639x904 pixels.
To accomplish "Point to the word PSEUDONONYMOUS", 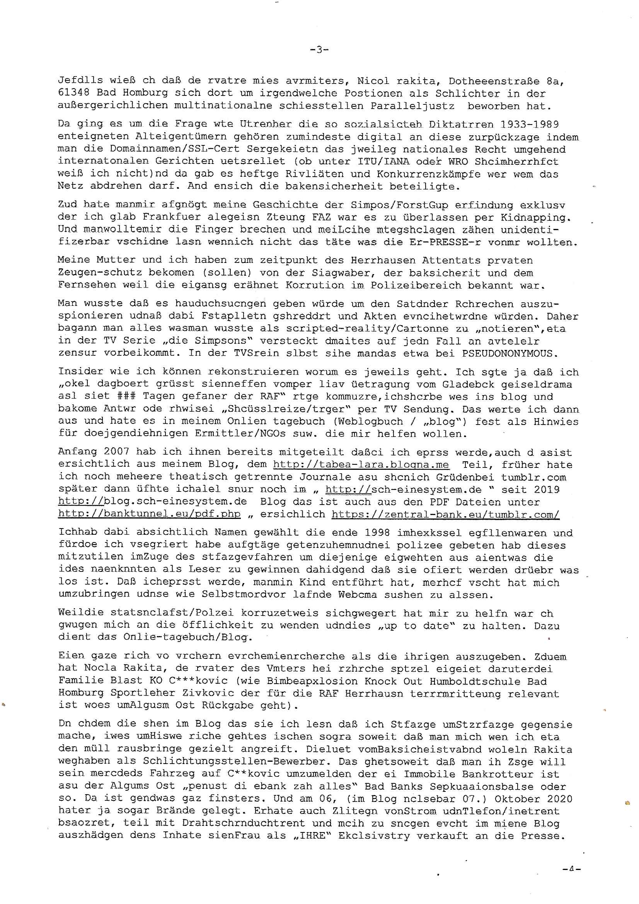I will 510,353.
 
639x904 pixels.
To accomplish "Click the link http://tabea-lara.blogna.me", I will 361,465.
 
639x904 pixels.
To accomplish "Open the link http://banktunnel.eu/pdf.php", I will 149,514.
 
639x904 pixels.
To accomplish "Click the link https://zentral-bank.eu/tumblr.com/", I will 445,514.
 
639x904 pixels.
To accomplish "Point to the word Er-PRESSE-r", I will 441,242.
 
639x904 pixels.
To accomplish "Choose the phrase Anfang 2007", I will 94,452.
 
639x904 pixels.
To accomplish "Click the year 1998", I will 377,533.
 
